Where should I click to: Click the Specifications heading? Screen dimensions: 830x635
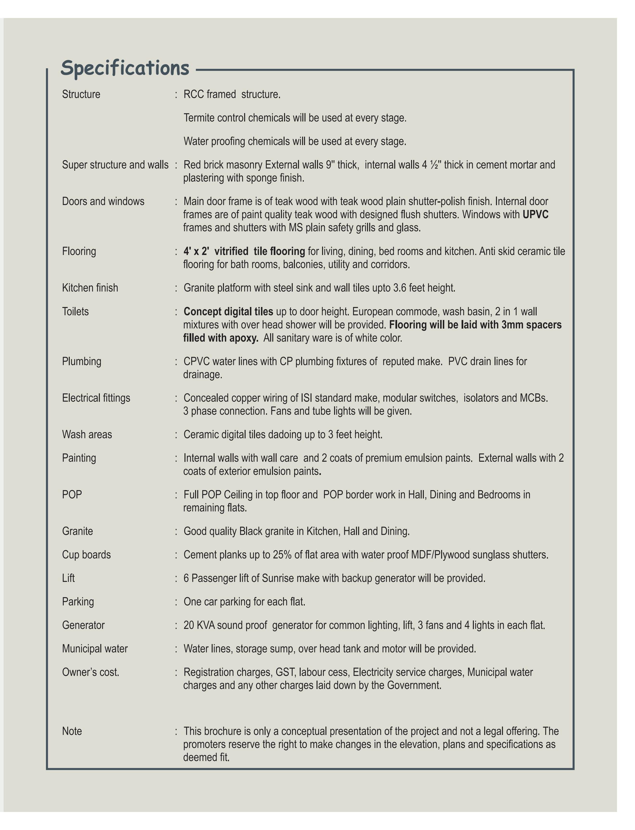(x=125, y=68)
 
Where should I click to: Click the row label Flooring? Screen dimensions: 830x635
(x=79, y=251)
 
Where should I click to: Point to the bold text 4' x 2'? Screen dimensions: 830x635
(x=196, y=251)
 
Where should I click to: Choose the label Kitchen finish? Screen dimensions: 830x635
(x=90, y=288)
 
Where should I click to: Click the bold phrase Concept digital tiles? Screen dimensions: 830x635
(x=228, y=312)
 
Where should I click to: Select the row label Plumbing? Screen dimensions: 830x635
(x=82, y=362)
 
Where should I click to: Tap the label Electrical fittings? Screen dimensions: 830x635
(x=96, y=398)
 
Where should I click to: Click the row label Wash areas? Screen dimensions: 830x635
(x=87, y=435)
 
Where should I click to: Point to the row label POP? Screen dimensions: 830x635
(x=72, y=495)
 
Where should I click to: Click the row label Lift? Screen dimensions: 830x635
(x=68, y=578)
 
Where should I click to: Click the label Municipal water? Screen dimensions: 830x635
(x=95, y=649)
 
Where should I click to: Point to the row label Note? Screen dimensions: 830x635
(x=72, y=731)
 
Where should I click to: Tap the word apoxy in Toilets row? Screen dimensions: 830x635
(x=243, y=338)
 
